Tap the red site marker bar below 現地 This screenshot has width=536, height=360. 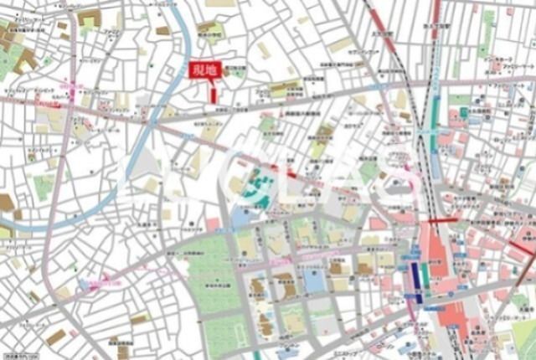[214, 94]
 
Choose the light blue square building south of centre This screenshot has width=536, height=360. [315, 280]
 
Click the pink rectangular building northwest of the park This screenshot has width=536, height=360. [214, 224]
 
